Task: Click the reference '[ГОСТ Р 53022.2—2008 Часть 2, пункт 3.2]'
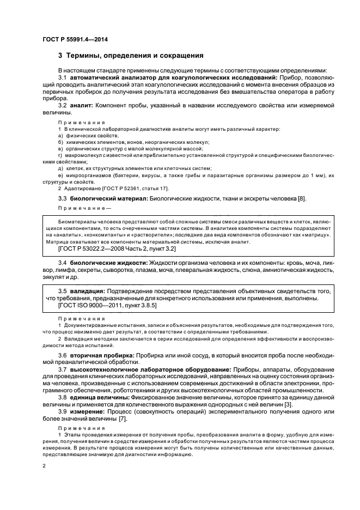pos(117,248)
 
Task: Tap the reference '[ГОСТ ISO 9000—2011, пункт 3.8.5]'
pos(107,307)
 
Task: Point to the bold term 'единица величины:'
pos(98,398)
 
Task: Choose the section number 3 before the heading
pos(60,56)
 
